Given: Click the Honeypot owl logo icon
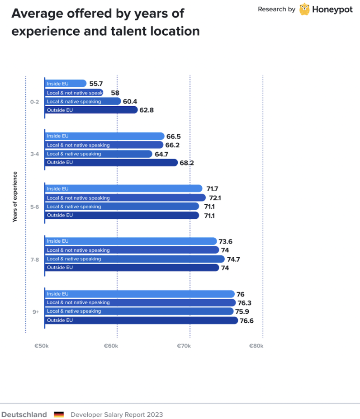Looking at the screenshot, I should (x=304, y=9).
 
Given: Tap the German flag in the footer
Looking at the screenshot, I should (x=59, y=414).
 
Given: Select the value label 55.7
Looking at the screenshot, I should (x=96, y=84).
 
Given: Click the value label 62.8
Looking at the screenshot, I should (x=147, y=110).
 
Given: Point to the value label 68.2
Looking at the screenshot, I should (x=187, y=163).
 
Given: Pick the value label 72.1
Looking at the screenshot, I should (x=215, y=198).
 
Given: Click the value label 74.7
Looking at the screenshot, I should (x=233, y=259).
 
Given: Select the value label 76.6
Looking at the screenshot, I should (x=247, y=320).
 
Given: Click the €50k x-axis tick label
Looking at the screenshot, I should (x=41, y=346).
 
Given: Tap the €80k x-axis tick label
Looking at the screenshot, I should (x=256, y=346).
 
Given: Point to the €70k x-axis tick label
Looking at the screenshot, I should (x=184, y=346).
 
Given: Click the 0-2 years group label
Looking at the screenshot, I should (x=34, y=102).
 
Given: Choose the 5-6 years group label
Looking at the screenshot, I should (x=34, y=207).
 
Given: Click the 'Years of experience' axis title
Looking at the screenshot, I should (x=14, y=197).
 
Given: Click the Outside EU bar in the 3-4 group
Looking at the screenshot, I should (x=111, y=163).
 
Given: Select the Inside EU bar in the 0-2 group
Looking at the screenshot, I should (x=65, y=84).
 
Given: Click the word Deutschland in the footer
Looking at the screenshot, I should (x=24, y=414).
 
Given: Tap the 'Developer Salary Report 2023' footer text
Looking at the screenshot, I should (x=117, y=414).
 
